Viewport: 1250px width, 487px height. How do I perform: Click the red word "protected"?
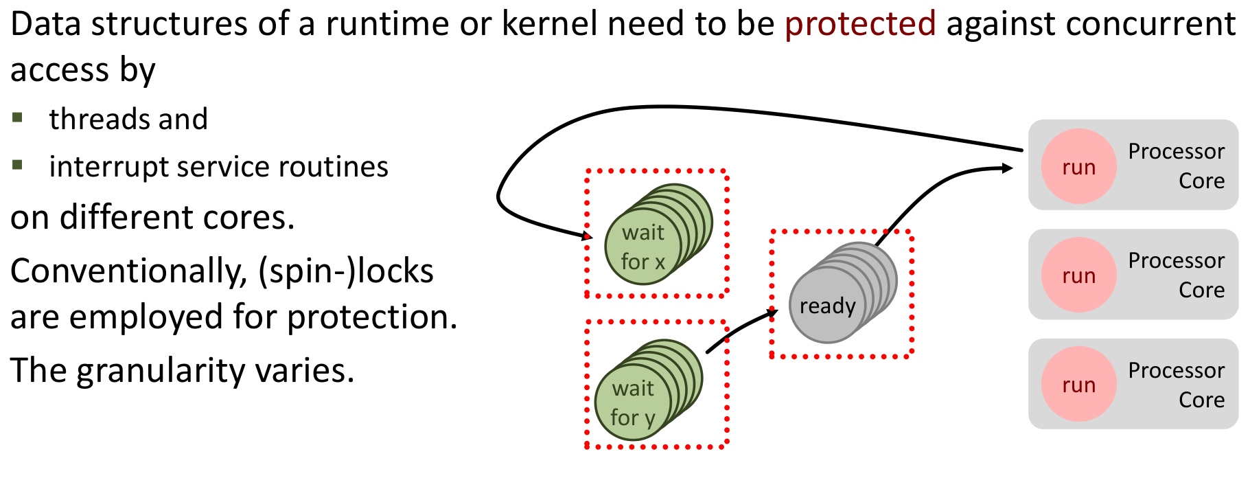click(859, 24)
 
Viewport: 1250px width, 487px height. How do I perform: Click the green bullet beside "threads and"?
click(18, 117)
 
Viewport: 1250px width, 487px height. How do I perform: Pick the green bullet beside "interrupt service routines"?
click(18, 165)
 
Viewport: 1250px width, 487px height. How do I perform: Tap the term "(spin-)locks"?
click(345, 271)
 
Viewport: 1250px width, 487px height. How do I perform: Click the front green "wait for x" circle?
click(643, 247)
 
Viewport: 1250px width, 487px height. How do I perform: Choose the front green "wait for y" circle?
click(632, 403)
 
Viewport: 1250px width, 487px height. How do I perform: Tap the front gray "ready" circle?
click(826, 306)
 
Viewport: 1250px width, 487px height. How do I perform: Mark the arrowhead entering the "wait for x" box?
click(587, 236)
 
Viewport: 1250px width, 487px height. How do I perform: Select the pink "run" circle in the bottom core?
click(1078, 385)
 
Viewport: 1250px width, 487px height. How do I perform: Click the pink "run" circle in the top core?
click(1078, 167)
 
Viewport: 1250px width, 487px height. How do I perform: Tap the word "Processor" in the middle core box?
click(1176, 260)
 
